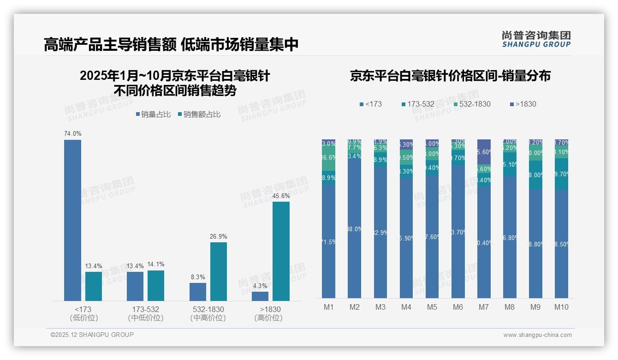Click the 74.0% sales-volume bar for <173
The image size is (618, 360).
(72, 220)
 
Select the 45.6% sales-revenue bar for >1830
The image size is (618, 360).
(281, 251)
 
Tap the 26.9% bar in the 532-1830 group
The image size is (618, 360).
(219, 271)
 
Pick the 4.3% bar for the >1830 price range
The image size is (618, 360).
(260, 296)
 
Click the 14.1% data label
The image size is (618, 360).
(156, 264)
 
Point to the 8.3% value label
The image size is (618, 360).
(198, 277)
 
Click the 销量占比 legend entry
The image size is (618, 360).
(153, 114)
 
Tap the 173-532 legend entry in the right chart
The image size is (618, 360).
(418, 104)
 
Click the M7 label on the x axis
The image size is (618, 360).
(484, 307)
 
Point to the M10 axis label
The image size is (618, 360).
(561, 307)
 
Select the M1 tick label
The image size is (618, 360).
(329, 307)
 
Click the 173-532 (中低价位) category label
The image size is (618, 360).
(146, 313)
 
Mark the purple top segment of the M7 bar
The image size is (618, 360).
(484, 151)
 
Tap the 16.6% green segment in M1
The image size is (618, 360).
(329, 157)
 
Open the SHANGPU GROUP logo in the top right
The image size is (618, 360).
(536, 39)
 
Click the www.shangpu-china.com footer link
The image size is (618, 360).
(537, 335)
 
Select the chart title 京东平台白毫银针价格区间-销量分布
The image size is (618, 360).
(450, 76)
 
